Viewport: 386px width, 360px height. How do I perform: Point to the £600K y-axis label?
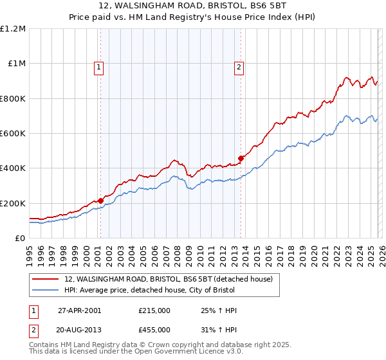pyautogui.click(x=13, y=134)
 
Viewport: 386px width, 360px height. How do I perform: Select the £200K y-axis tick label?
pyautogui.click(x=13, y=203)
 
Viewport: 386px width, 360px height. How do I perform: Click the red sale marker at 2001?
pyautogui.click(x=101, y=201)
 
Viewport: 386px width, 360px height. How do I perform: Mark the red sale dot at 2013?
pyautogui.click(x=241, y=158)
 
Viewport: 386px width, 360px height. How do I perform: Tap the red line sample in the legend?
pyautogui.click(x=45, y=279)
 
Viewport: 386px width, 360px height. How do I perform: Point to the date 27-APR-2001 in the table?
pyautogui.click(x=79, y=310)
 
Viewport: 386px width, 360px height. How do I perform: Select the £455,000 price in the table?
pyautogui.click(x=154, y=329)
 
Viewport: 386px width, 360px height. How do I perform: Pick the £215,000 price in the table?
pyautogui.click(x=154, y=310)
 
